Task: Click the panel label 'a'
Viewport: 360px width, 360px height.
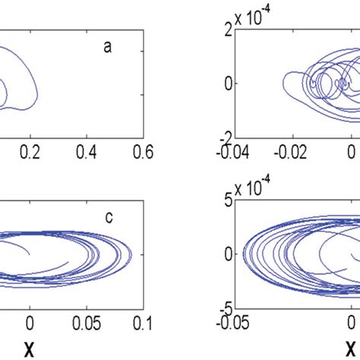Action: click(108, 47)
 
